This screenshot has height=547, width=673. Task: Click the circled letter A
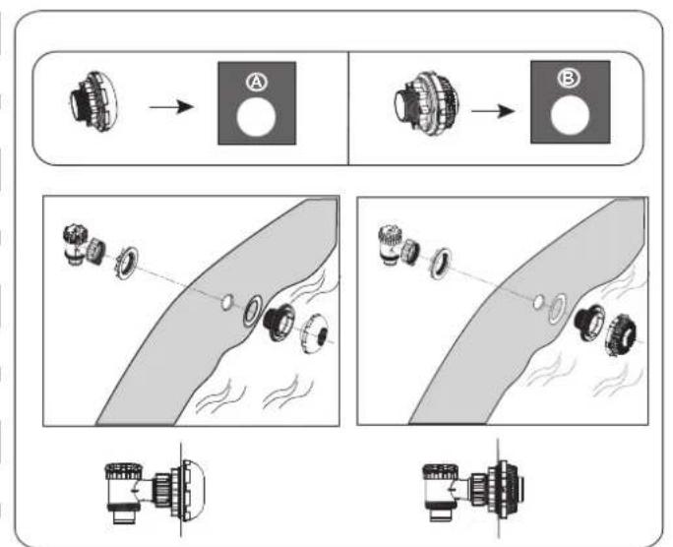[x=257, y=82]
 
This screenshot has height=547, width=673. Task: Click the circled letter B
[x=569, y=79]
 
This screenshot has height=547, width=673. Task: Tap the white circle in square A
[x=256, y=117]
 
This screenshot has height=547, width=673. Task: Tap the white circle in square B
[x=570, y=115]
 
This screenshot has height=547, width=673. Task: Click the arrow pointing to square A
[x=171, y=107]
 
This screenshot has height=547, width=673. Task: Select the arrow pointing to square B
[x=493, y=111]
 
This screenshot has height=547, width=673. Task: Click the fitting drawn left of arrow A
[x=94, y=101]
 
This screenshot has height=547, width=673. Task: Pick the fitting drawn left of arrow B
[x=426, y=103]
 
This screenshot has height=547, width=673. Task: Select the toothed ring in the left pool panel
[x=127, y=263]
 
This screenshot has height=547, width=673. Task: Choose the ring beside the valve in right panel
[x=441, y=263]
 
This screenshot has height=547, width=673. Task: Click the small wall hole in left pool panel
[x=226, y=302]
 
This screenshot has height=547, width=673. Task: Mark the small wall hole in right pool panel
[x=538, y=302]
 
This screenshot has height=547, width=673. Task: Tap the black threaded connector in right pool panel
[x=590, y=323]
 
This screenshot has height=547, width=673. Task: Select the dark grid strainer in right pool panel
[x=621, y=334]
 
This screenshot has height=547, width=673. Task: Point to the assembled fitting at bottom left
[x=154, y=493]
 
